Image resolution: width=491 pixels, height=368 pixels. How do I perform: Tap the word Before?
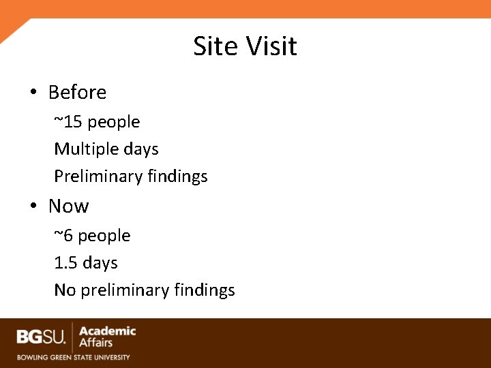(77, 92)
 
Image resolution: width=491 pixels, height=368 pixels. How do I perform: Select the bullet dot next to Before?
(33, 93)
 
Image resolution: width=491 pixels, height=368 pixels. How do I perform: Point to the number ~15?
(68, 122)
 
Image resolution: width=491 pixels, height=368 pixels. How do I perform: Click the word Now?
(68, 206)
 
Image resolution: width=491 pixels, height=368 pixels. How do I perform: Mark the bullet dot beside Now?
(33, 206)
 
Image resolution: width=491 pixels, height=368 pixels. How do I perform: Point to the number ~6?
(63, 236)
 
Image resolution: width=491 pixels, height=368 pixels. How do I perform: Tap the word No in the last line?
(65, 290)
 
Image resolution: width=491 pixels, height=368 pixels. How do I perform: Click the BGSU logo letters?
(41, 337)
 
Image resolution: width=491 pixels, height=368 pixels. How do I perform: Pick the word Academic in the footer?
(108, 331)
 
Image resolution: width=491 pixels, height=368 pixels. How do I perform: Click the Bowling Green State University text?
(74, 356)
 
